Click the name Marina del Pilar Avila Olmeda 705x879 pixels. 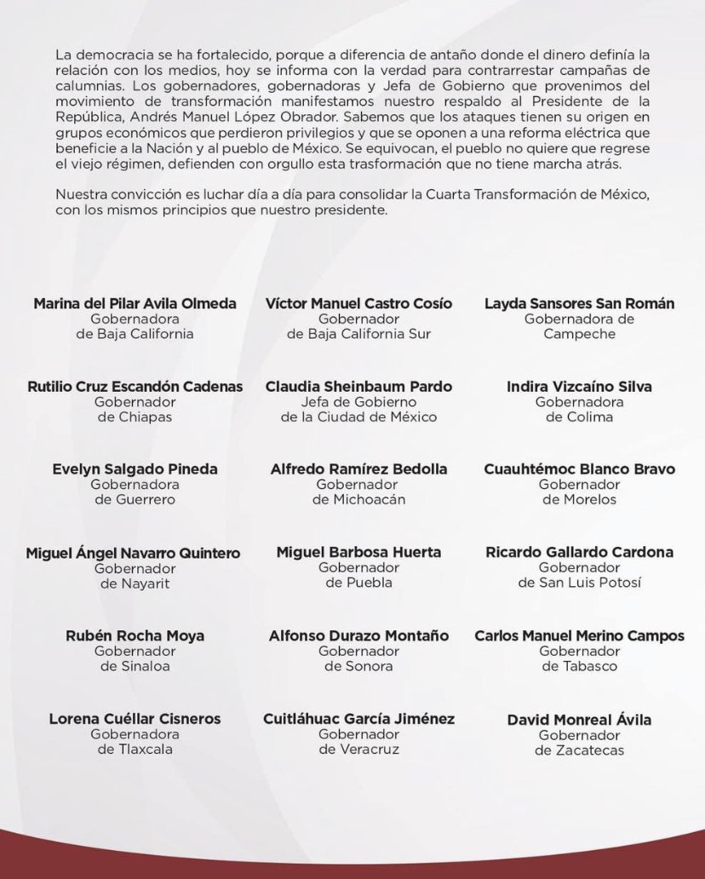pyautogui.click(x=135, y=303)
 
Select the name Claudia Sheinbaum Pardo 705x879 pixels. pyautogui.click(x=358, y=386)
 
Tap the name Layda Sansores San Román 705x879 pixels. pyautogui.click(x=579, y=303)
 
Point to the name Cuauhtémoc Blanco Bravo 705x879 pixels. pyautogui.click(x=579, y=468)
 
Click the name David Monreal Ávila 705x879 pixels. pyautogui.click(x=579, y=720)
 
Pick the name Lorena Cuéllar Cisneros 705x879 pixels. pyautogui.click(x=135, y=719)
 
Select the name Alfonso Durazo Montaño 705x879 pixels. pyautogui.click(x=358, y=635)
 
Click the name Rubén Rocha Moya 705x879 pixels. pyautogui.click(x=135, y=635)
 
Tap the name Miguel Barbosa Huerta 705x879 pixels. pyautogui.click(x=358, y=552)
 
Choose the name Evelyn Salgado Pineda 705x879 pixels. pyautogui.click(x=135, y=468)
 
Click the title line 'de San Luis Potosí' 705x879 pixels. pyautogui.click(x=579, y=583)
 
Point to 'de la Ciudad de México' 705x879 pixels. pyautogui.click(x=358, y=417)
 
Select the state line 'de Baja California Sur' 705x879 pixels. pyautogui.click(x=358, y=334)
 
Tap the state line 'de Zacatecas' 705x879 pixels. pyautogui.click(x=579, y=750)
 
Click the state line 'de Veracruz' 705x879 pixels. pyautogui.click(x=358, y=750)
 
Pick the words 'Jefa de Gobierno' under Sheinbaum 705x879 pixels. pyautogui.click(x=358, y=401)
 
